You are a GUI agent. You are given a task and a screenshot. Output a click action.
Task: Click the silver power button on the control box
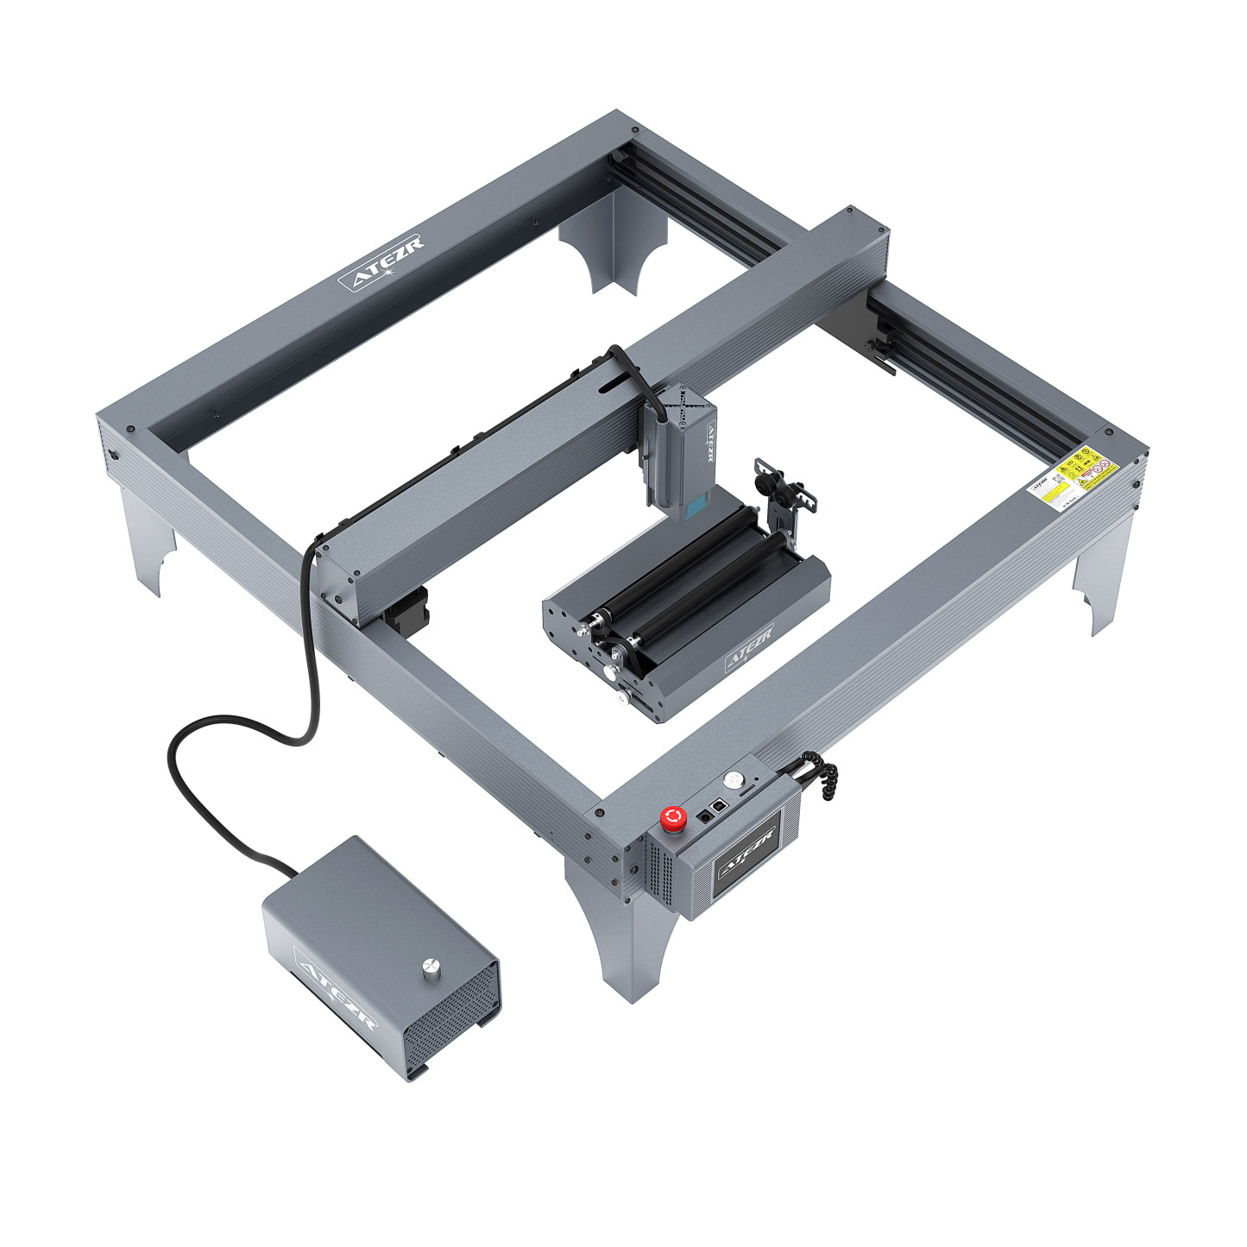734,778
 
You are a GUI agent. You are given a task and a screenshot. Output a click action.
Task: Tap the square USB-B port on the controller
719,804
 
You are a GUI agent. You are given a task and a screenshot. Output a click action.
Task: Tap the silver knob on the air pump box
429,968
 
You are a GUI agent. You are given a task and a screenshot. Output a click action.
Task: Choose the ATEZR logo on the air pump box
336,989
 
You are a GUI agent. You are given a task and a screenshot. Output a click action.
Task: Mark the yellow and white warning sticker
1073,475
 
